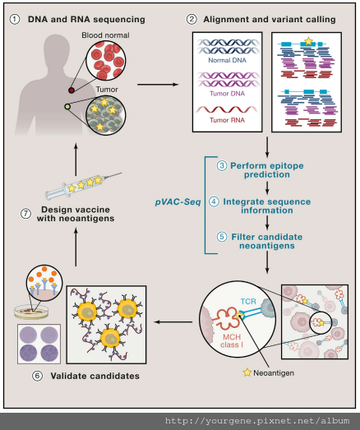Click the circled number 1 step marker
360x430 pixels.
tap(15, 20)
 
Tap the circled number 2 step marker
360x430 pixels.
tap(192, 20)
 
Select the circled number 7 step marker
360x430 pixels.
tap(25, 214)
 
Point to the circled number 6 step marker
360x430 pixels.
tap(38, 376)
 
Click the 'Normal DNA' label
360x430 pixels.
tap(228, 60)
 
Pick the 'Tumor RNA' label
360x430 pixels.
tap(228, 120)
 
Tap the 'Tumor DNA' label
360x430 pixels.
tap(228, 94)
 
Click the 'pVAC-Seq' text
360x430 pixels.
tap(178, 202)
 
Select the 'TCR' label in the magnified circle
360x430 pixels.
tap(248, 302)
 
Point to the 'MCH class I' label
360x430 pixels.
tap(232, 341)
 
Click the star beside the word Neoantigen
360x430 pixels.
tap(247, 372)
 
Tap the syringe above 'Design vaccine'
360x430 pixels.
tap(83, 184)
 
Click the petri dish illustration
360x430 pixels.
tap(31, 312)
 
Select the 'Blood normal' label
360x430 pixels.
tap(105, 35)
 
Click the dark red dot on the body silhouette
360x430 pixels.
tap(72, 90)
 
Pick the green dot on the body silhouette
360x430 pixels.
tap(67, 107)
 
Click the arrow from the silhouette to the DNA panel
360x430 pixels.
tap(158, 85)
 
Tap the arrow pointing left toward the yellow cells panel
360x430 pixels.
tap(173, 321)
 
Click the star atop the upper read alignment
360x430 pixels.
tap(309, 41)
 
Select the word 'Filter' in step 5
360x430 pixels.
tap(244, 237)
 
